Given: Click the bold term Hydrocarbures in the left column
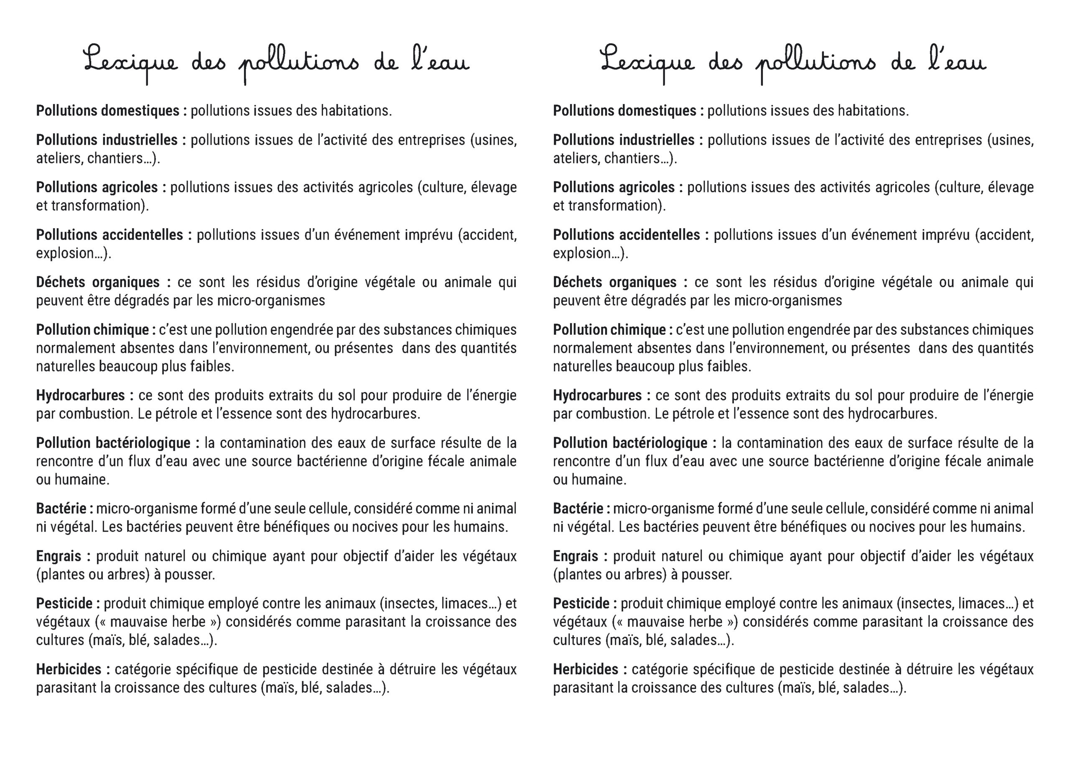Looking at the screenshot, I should (x=80, y=396).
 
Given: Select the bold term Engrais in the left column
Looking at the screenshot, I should (x=58, y=556).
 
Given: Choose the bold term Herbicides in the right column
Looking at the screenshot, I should (x=585, y=669).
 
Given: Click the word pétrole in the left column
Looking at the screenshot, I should (x=177, y=414).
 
